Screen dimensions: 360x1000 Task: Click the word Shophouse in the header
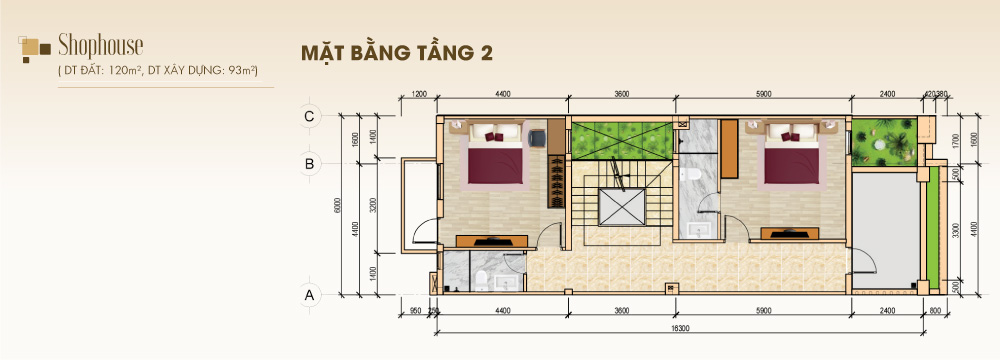coord(101,44)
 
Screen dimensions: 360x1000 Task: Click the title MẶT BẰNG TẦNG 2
coord(397,53)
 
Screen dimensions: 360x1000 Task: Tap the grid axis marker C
coord(310,116)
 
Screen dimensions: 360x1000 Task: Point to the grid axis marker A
coord(310,295)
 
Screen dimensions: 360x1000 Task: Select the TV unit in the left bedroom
coord(491,240)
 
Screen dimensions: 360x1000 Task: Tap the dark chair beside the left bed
coord(537,136)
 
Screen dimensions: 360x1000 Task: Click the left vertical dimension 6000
coord(338,205)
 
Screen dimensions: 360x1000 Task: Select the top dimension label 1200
coord(419,94)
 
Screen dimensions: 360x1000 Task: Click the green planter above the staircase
coord(619,138)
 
